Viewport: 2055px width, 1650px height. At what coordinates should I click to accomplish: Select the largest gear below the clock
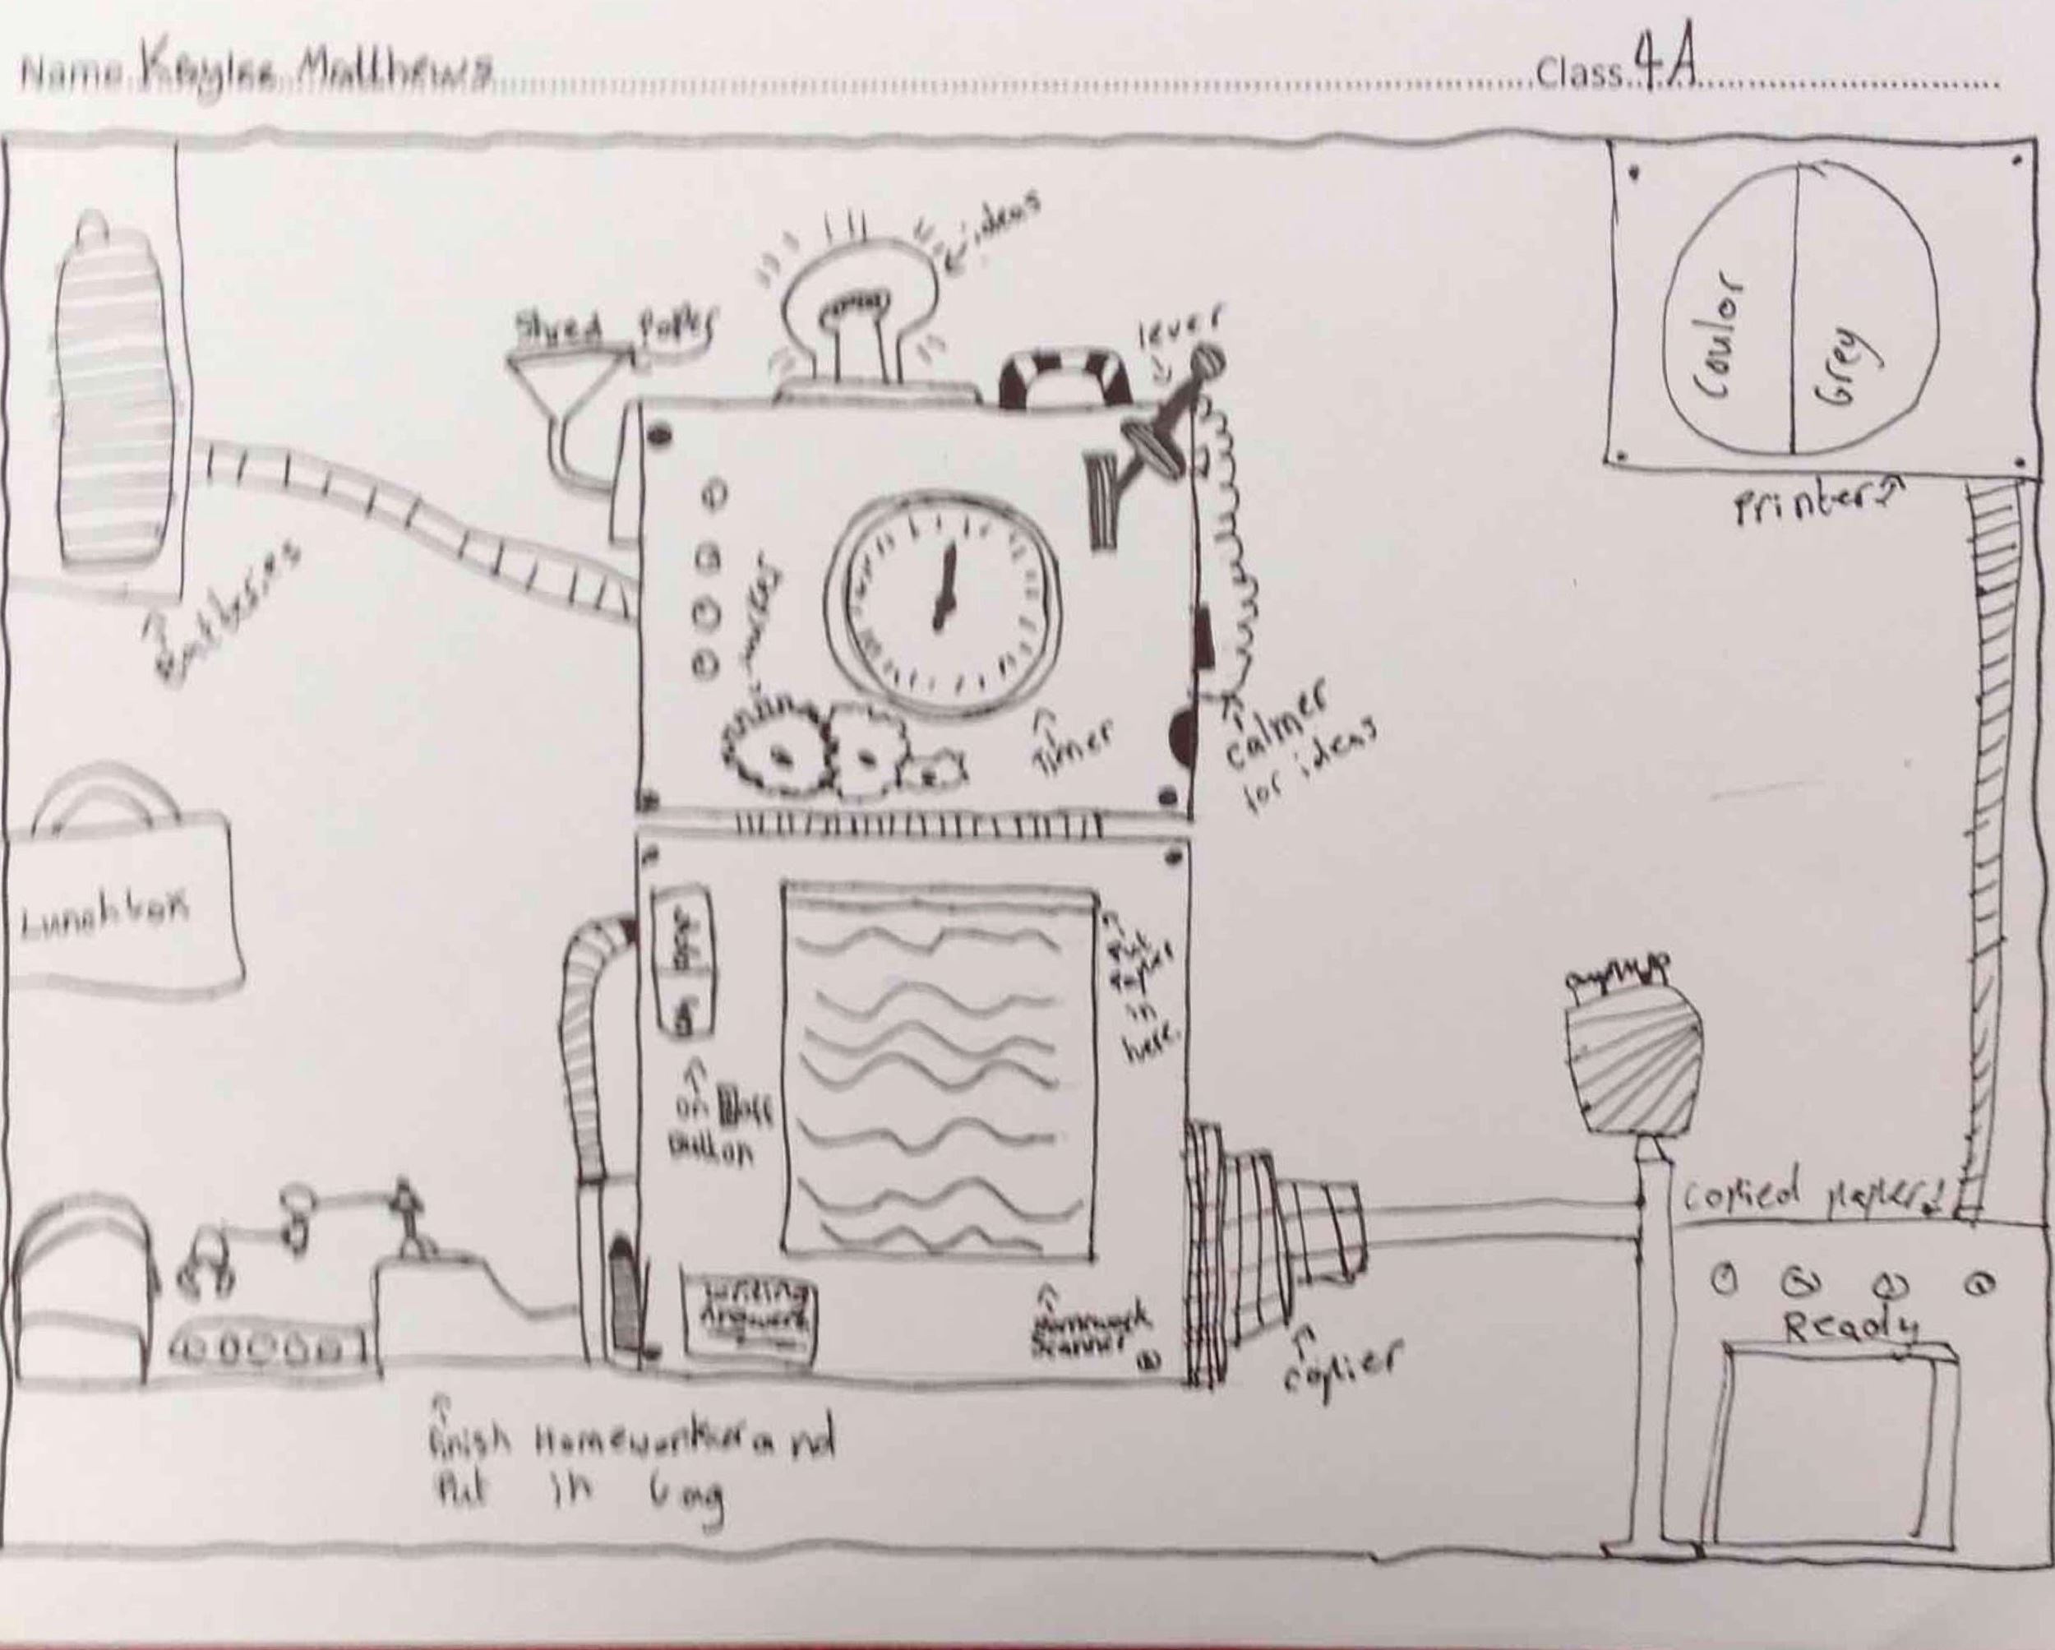click(x=778, y=754)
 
